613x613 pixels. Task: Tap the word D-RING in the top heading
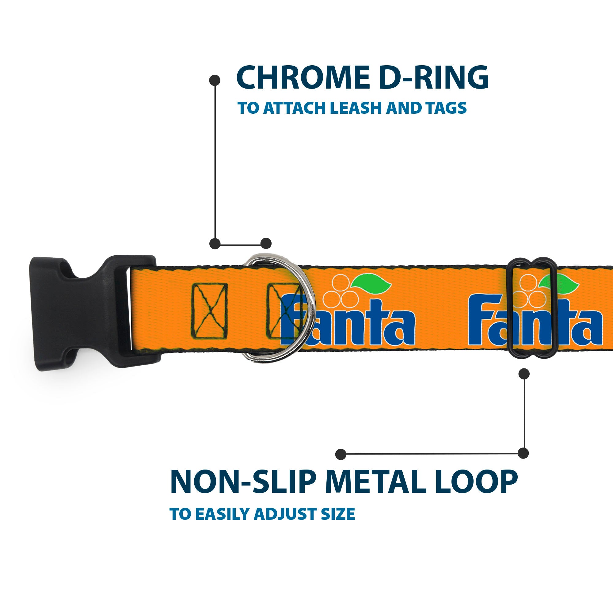pos(433,78)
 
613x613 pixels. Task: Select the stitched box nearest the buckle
pos(209,311)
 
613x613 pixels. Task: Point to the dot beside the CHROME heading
pos(215,80)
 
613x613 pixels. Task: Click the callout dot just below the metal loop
pos(524,374)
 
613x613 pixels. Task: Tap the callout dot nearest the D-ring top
pos(266,243)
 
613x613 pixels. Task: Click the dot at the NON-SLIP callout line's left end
pos(341,454)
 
